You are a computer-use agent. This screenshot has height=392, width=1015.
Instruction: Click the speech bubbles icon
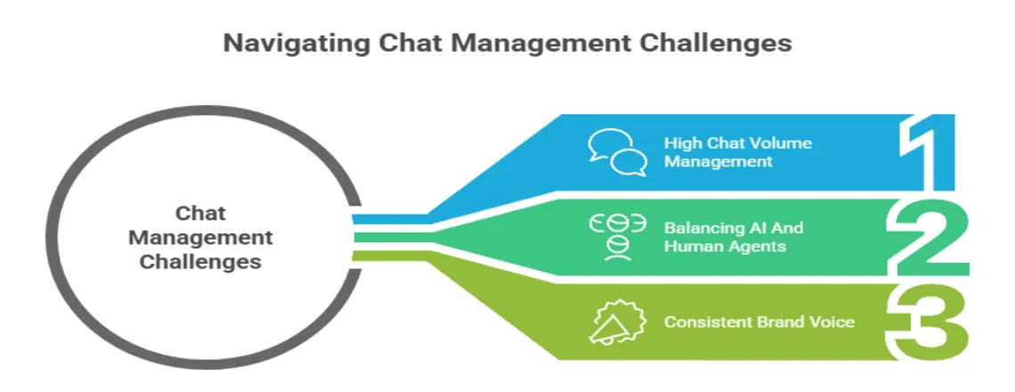point(617,152)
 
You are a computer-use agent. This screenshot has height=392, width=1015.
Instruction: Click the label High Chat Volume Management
point(737,152)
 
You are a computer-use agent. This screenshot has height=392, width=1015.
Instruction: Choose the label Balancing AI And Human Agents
point(732,236)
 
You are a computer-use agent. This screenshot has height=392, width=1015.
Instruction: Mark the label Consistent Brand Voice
point(759,322)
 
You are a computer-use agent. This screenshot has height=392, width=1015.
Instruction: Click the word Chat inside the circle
point(200,214)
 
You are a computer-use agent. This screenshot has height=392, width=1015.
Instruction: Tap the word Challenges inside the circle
point(200,262)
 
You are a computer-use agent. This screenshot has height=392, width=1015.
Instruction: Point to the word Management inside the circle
point(200,238)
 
